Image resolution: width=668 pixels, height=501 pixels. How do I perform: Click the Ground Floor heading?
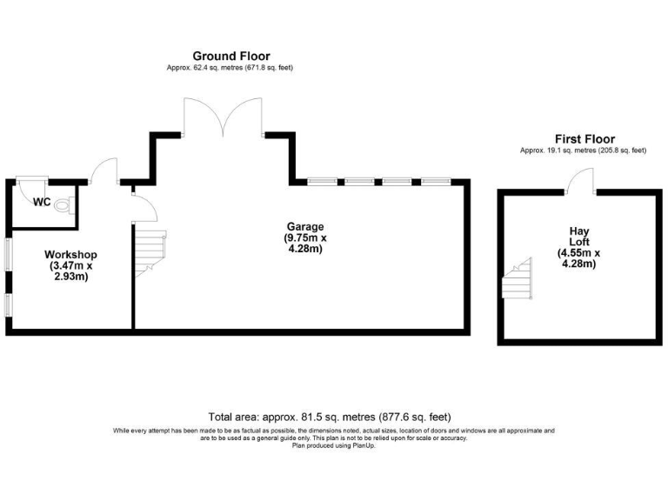(x=230, y=55)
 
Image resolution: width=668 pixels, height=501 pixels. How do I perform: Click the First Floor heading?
(x=584, y=139)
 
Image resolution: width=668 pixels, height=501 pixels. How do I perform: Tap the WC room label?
(x=41, y=203)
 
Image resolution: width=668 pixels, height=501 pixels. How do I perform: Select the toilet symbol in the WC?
(x=63, y=206)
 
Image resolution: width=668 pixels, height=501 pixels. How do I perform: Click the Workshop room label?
(x=70, y=255)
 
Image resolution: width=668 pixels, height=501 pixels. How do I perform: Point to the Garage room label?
(x=304, y=226)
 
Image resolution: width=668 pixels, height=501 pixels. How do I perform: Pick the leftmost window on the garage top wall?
(x=322, y=182)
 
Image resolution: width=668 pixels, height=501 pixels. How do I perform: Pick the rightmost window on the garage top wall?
(x=434, y=182)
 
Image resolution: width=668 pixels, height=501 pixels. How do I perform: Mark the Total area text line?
(x=329, y=417)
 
